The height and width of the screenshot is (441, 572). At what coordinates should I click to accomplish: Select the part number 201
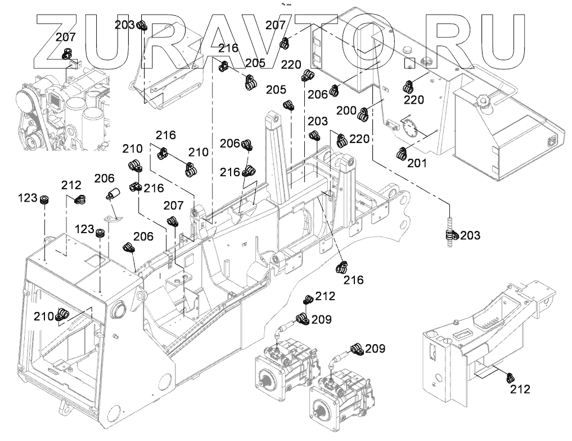[417, 164]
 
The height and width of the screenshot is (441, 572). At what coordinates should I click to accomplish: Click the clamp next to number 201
[402, 153]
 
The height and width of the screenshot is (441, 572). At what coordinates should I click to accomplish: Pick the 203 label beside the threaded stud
[470, 235]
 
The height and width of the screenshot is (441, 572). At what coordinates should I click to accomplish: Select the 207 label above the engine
[65, 38]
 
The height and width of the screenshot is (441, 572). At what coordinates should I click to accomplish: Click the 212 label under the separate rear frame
[520, 389]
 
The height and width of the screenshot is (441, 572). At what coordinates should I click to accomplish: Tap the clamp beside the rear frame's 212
[510, 377]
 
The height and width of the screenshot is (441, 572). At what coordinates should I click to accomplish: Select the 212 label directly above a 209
[325, 296]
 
